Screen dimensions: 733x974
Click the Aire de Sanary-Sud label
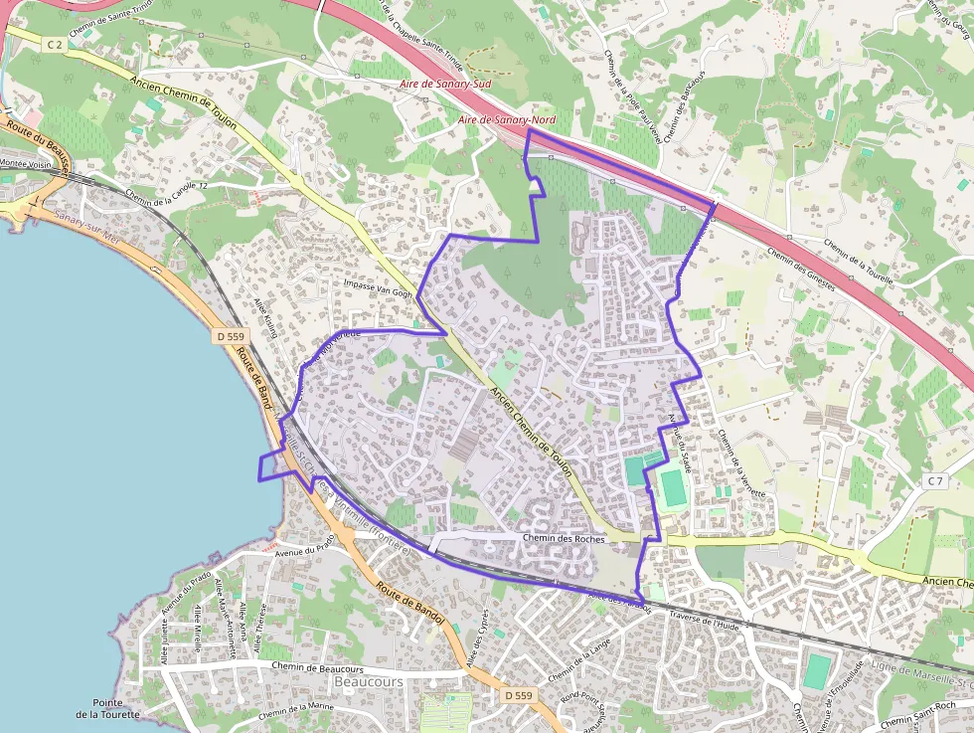pyautogui.click(x=444, y=85)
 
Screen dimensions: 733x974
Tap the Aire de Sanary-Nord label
pyautogui.click(x=507, y=120)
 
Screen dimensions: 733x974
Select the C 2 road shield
pyautogui.click(x=53, y=45)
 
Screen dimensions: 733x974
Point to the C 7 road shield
pyautogui.click(x=934, y=481)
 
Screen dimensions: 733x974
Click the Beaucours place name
pyautogui.click(x=369, y=682)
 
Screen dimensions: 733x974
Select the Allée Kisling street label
pyautogui.click(x=266, y=317)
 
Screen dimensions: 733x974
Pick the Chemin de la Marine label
pyautogui.click(x=296, y=710)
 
